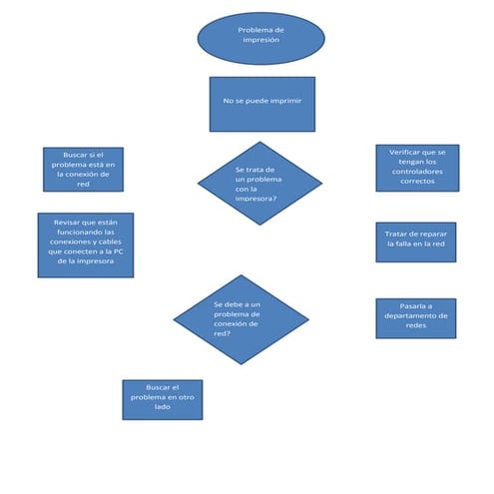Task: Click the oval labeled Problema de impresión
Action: pyautogui.click(x=260, y=38)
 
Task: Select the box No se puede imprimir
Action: pyautogui.click(x=261, y=104)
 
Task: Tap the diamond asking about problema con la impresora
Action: pyautogui.click(x=259, y=183)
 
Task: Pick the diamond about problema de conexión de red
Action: pyautogui.click(x=241, y=318)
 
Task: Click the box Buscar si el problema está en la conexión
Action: pyautogui.click(x=83, y=169)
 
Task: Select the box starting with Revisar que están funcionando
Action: pyautogui.click(x=85, y=245)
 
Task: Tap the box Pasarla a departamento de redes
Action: pyautogui.click(x=415, y=317)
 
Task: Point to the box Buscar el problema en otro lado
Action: pyautogui.click(x=162, y=399)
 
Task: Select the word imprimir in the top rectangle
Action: pyautogui.click(x=284, y=101)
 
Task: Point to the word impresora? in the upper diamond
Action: pyautogui.click(x=256, y=198)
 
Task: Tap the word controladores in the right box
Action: pyautogui.click(x=417, y=172)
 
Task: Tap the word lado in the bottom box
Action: pyautogui.click(x=162, y=409)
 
